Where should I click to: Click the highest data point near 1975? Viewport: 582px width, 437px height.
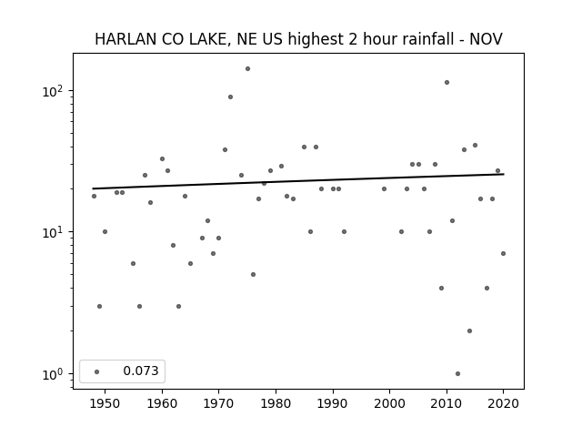(247, 69)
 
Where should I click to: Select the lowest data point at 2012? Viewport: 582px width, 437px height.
(457, 374)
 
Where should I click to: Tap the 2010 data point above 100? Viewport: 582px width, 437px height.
(447, 83)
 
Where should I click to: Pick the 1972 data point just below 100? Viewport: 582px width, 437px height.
(230, 97)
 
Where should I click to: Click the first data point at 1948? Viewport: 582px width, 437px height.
(94, 197)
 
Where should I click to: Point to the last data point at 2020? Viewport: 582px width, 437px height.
(503, 254)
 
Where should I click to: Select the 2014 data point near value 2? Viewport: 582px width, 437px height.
(469, 331)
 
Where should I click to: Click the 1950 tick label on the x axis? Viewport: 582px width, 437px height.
(105, 403)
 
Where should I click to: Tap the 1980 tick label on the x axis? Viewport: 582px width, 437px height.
(276, 403)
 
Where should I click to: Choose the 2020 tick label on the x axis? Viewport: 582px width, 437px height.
(503, 403)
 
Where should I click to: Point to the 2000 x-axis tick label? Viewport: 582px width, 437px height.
(390, 403)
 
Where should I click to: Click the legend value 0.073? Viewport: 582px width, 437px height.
(141, 371)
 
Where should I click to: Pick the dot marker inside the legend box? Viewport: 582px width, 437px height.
(97, 372)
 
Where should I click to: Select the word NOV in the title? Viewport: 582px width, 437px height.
(486, 39)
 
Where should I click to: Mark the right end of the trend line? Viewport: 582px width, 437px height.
(504, 174)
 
